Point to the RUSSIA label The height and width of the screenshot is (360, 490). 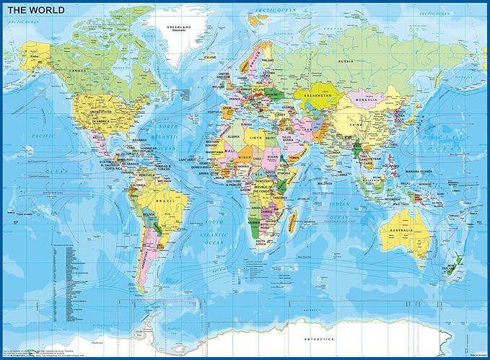click(x=347, y=61)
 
